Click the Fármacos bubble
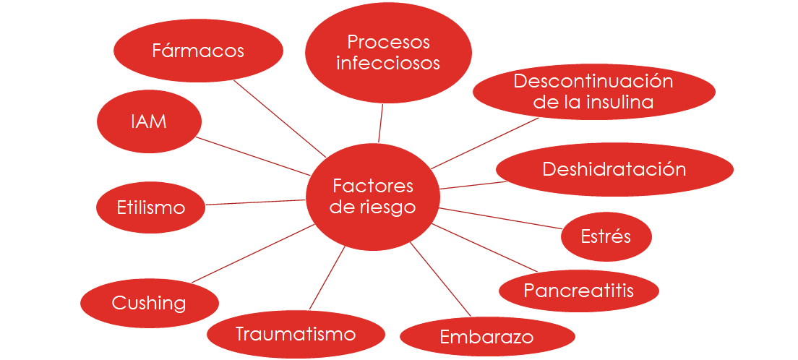(198, 51)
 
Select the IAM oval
(149, 121)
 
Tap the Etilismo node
(150, 207)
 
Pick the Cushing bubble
(149, 304)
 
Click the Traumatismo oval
(296, 335)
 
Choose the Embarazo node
(487, 337)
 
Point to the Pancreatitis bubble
(579, 291)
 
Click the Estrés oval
(606, 236)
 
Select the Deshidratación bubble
(614, 169)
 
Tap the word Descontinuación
(593, 81)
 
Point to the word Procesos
(388, 43)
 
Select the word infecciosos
(388, 63)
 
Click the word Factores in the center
(373, 186)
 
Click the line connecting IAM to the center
(254, 156)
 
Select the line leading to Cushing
(253, 253)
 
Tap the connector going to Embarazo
(440, 279)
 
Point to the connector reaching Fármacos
(280, 119)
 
